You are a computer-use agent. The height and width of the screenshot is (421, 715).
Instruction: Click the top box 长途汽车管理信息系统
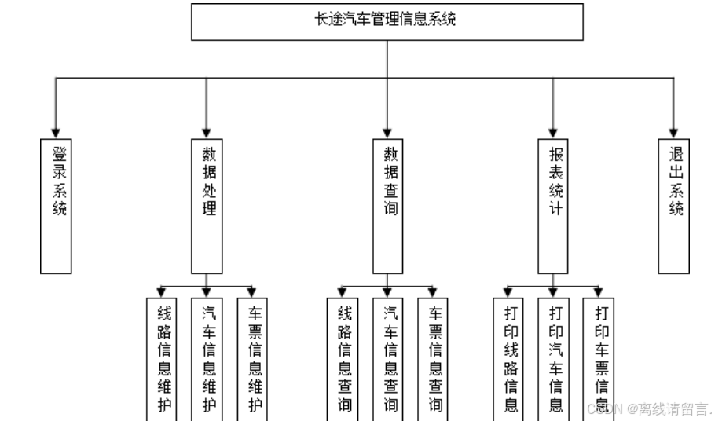pyautogui.click(x=387, y=21)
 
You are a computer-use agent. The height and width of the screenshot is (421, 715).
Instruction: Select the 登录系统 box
pyautogui.click(x=57, y=206)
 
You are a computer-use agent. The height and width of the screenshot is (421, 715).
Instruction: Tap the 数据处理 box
pyautogui.click(x=207, y=206)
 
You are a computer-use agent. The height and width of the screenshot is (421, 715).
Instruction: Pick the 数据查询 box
pyautogui.click(x=387, y=206)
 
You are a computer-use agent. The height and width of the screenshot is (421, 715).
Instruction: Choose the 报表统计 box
pyautogui.click(x=554, y=206)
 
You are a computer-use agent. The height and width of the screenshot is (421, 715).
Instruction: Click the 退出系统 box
pyautogui.click(x=674, y=206)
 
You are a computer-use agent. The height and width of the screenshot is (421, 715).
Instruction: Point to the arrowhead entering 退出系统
pyautogui.click(x=674, y=132)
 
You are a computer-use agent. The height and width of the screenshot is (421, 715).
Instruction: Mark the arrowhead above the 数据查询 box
pyautogui.click(x=387, y=132)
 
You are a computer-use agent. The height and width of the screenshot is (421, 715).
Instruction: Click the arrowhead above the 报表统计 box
pyautogui.click(x=554, y=132)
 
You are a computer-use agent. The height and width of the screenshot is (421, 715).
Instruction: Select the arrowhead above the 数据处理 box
pyautogui.click(x=207, y=132)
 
